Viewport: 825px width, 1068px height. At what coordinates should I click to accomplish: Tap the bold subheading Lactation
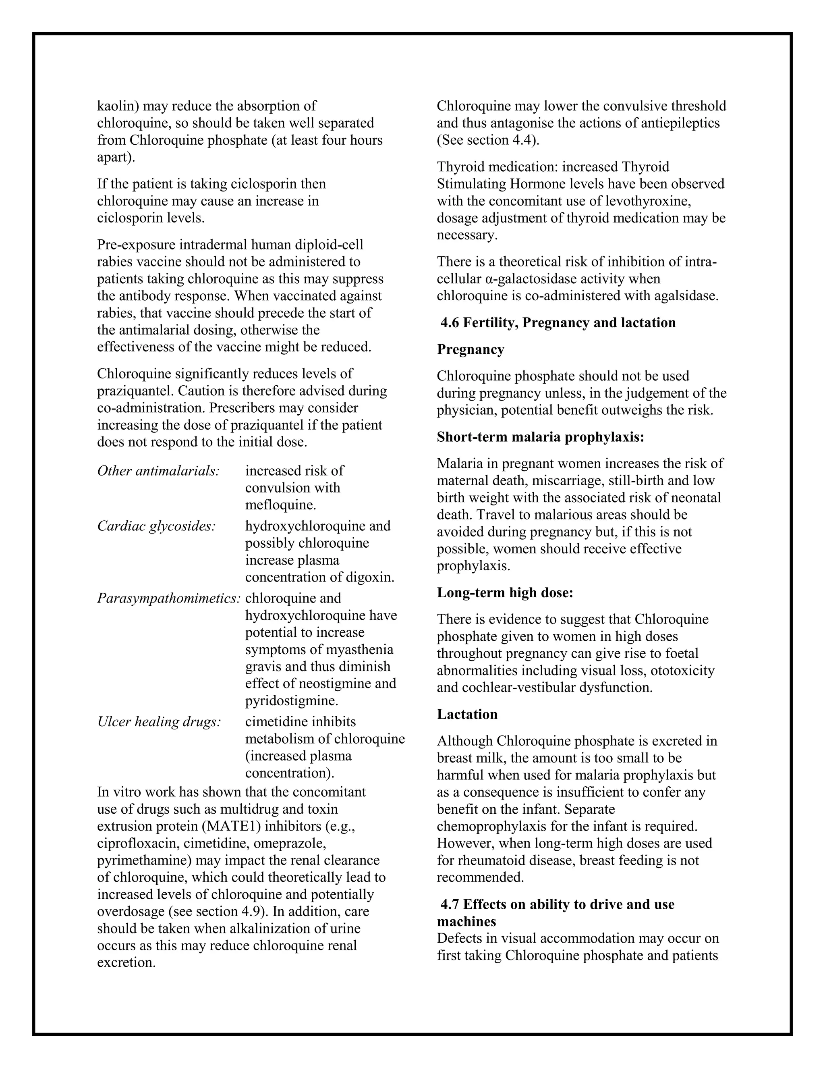click(467, 714)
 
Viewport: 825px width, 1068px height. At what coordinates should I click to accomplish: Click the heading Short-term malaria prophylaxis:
click(540, 437)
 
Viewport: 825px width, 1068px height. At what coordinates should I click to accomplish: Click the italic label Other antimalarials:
click(158, 470)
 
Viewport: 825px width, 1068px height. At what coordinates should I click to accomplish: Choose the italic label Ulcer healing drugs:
click(160, 722)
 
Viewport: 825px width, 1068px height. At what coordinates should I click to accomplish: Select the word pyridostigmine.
click(292, 700)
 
